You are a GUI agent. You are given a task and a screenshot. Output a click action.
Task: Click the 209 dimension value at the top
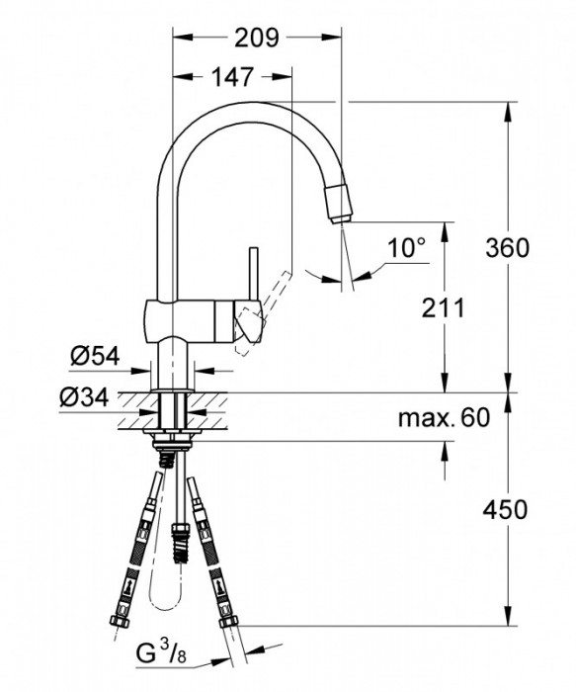tap(257, 39)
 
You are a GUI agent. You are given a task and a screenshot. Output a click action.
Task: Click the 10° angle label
tap(405, 247)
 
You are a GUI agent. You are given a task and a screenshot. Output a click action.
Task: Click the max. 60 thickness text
tap(444, 418)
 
